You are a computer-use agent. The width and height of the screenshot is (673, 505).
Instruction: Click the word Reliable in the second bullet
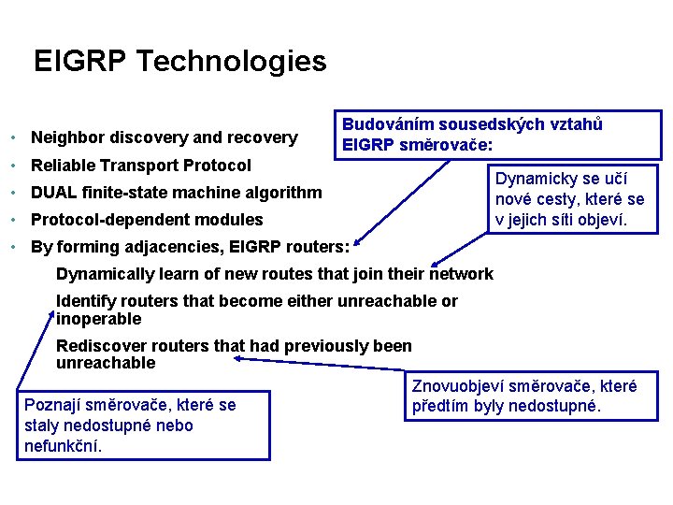click(x=64, y=166)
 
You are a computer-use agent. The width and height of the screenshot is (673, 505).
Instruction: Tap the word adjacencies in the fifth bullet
click(x=163, y=247)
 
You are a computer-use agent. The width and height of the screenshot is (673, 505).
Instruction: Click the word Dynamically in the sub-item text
click(x=102, y=274)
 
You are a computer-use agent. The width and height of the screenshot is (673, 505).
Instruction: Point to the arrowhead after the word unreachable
click(x=238, y=357)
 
